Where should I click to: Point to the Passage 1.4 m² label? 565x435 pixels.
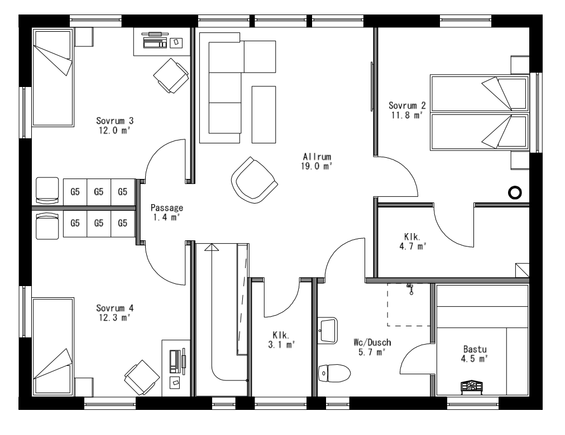[166, 212]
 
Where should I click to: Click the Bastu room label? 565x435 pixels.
[474, 354]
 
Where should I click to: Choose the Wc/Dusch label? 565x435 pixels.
[372, 347]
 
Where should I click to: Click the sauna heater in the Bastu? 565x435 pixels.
[471, 386]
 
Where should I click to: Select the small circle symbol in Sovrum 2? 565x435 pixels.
[515, 192]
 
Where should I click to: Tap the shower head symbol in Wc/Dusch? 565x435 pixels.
[410, 287]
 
